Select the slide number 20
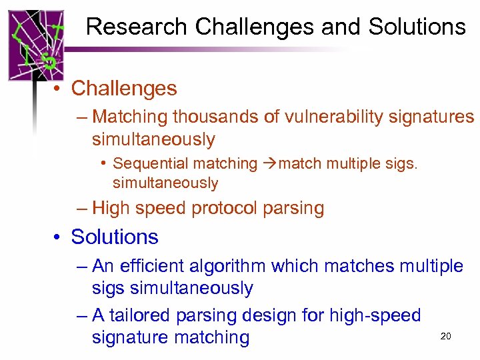click(x=446, y=336)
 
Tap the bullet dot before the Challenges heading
click(x=59, y=89)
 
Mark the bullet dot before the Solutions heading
click(x=59, y=237)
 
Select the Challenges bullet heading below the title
click(x=124, y=88)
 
